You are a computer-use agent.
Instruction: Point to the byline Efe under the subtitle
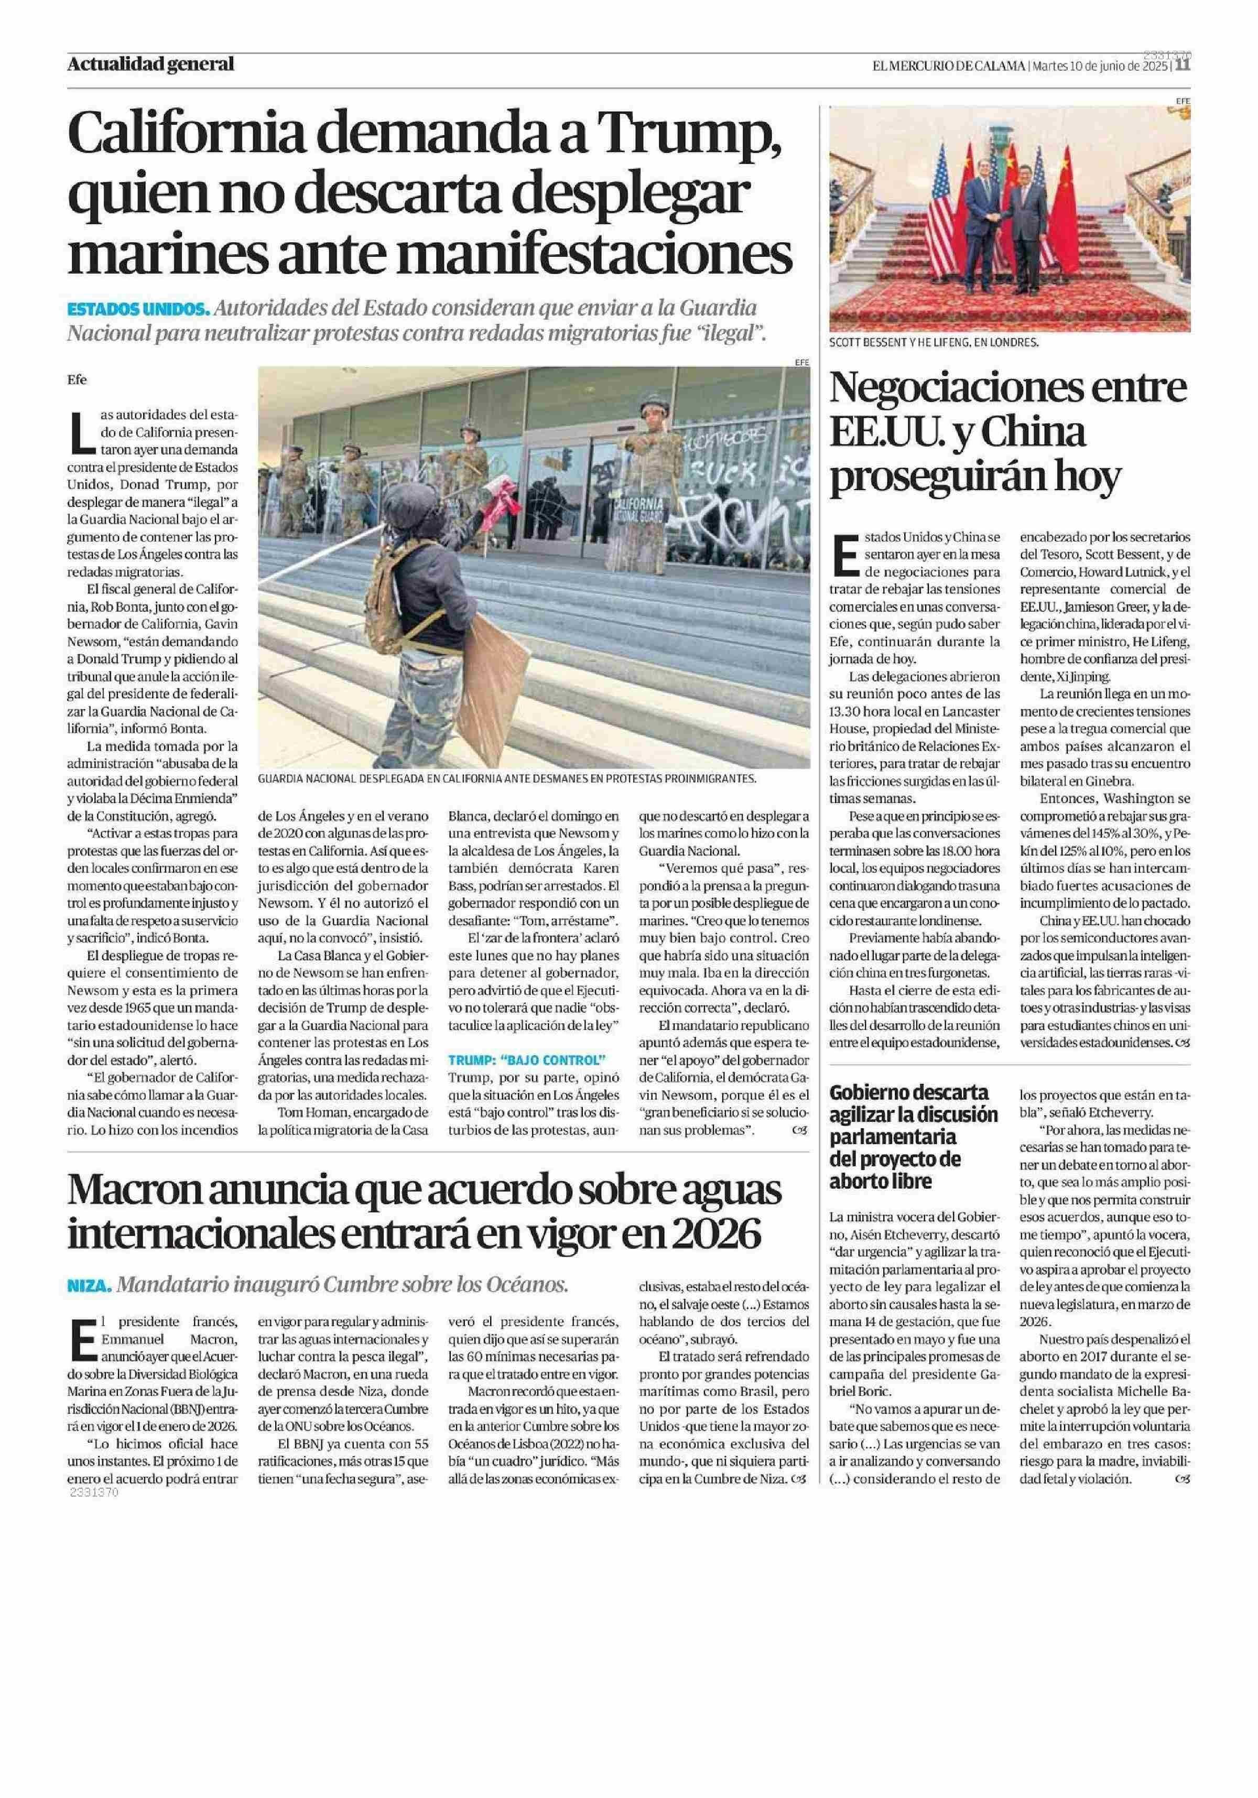tap(77, 380)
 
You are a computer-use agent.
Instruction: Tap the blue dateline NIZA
tap(90, 1285)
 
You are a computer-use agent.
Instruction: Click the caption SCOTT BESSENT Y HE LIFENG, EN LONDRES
tap(934, 342)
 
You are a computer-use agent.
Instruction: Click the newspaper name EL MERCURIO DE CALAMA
tap(949, 66)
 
